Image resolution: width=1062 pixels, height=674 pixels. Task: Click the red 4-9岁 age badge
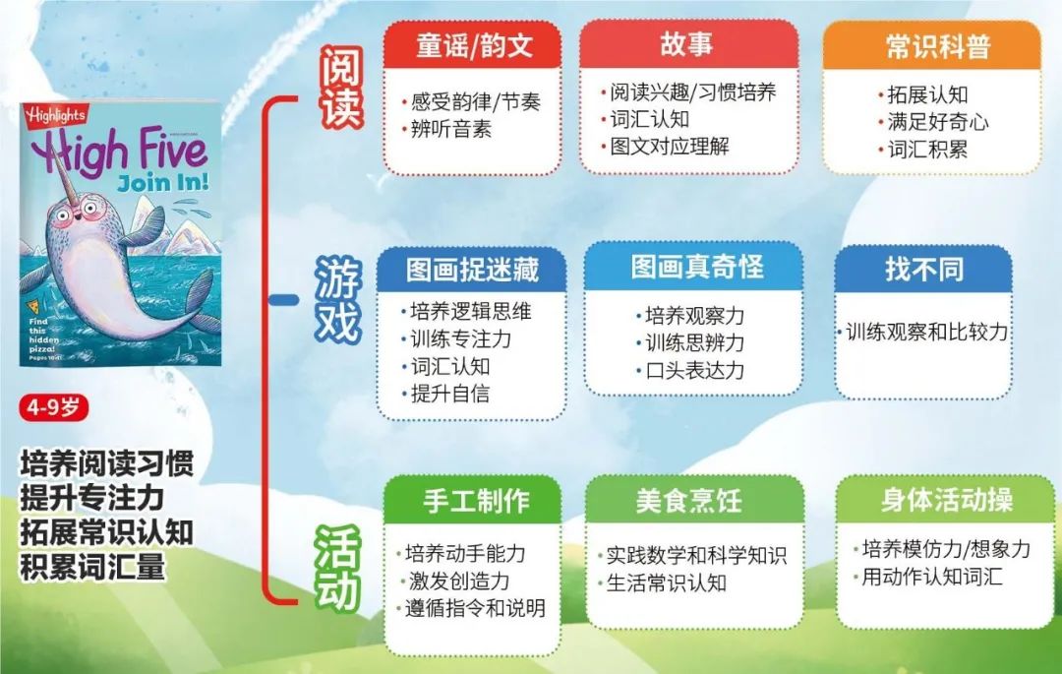[53, 407]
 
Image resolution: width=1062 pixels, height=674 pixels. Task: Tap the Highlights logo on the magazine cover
[55, 116]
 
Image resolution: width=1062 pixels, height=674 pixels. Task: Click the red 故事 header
[688, 44]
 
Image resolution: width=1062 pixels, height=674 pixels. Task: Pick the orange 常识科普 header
[932, 45]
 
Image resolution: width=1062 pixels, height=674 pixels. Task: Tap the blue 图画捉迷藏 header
[471, 270]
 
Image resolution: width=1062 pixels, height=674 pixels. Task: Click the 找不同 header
[923, 269]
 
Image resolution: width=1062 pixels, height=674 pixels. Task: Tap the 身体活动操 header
[946, 500]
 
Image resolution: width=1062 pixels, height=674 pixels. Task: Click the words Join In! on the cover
[163, 182]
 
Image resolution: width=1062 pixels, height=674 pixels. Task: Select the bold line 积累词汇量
[92, 567]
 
